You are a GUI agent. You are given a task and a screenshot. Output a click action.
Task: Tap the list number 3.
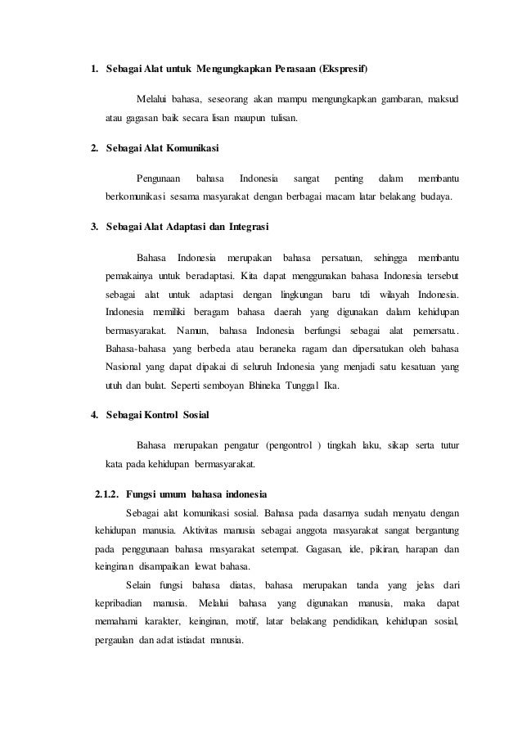click(x=94, y=226)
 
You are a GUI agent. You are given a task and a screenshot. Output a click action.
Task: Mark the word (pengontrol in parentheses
click(x=290, y=445)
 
